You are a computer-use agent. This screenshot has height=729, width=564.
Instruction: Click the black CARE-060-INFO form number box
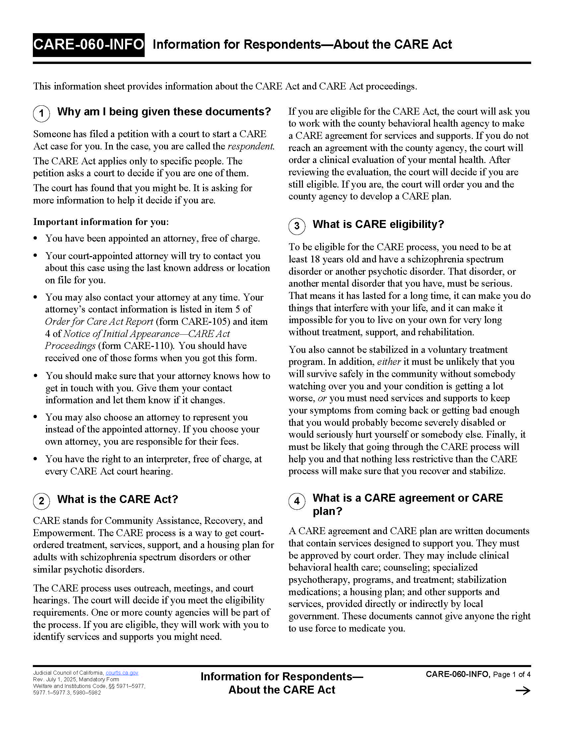point(89,45)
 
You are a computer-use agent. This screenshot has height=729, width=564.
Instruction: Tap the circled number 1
point(41,113)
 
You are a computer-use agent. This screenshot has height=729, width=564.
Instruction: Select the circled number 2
point(41,501)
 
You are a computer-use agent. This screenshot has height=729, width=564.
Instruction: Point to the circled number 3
point(297,226)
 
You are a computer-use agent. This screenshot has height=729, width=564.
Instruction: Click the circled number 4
point(297,501)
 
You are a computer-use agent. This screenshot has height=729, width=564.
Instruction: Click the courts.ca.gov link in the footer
point(122,673)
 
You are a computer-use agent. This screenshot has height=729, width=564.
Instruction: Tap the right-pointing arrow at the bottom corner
point(523,691)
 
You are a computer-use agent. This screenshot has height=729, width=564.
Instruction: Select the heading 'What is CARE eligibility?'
point(378,224)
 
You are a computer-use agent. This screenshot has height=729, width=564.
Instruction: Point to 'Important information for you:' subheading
point(101,222)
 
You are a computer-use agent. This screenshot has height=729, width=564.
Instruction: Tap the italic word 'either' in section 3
point(388,362)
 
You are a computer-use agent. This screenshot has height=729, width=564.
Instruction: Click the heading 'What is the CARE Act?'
point(118,499)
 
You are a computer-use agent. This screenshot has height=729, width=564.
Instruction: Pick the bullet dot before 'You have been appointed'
point(35,238)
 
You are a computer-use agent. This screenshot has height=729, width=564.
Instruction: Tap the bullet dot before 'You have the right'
point(35,459)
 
